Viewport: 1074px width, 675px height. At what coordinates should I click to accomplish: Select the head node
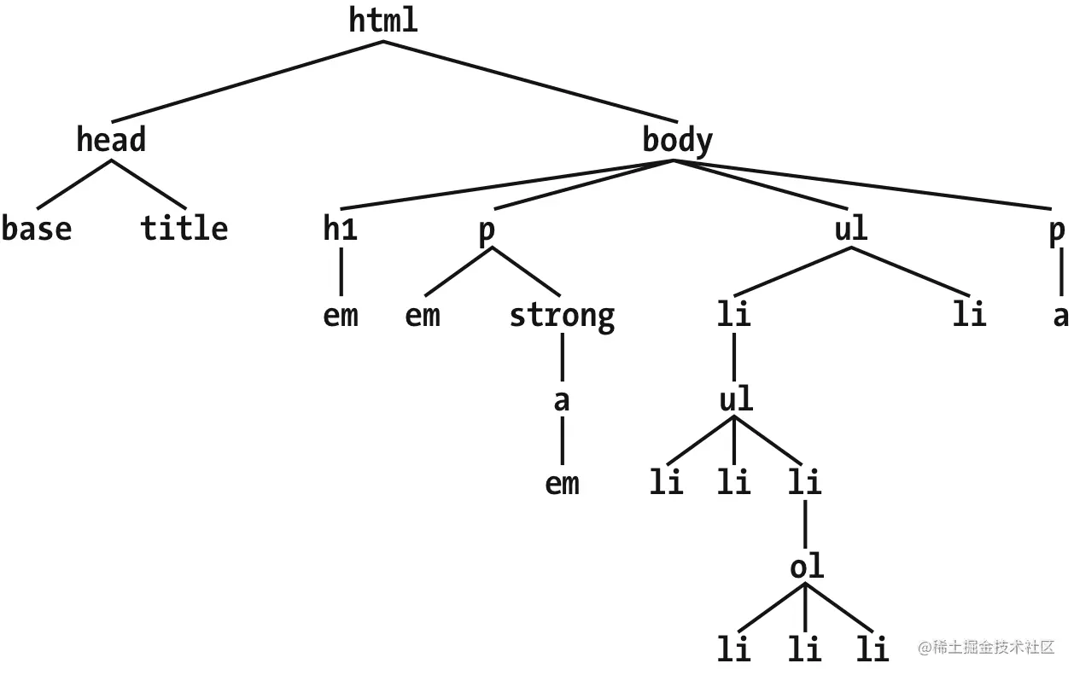111,139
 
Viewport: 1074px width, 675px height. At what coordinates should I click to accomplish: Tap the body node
677,140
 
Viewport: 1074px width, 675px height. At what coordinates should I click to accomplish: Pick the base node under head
37,229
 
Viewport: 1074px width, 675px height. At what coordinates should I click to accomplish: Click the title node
184,229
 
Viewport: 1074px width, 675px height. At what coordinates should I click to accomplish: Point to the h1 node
340,229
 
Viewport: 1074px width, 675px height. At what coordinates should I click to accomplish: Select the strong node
562,317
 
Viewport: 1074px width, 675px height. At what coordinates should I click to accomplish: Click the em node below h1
340,317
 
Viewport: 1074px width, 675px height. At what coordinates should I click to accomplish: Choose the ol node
807,567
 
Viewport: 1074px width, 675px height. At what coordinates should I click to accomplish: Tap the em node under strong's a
562,484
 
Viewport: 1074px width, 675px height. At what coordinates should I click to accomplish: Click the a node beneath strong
562,399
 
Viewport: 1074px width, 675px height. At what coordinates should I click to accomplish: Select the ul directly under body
850,229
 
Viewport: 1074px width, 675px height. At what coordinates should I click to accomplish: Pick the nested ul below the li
735,399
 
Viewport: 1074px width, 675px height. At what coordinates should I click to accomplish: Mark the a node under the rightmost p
1060,317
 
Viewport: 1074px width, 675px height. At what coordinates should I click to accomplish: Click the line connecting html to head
248,81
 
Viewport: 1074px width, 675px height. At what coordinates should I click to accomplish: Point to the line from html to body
529,81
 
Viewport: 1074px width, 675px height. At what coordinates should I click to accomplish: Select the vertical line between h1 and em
340,271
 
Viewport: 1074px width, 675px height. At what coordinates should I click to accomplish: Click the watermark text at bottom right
987,647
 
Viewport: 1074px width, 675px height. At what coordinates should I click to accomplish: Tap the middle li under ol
804,650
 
